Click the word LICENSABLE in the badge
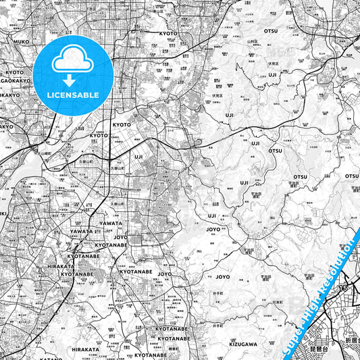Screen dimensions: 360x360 click(72, 95)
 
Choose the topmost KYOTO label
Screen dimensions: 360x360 click(168, 33)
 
